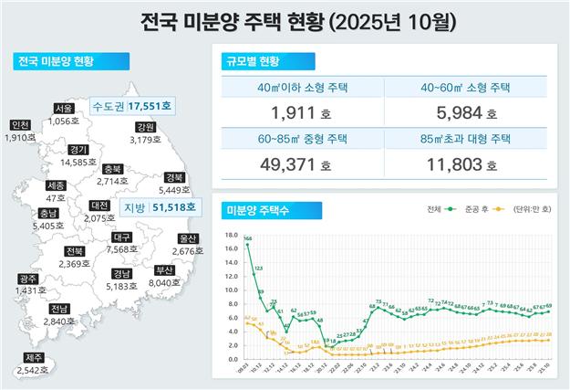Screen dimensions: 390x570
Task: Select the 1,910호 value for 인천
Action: [x=20, y=137]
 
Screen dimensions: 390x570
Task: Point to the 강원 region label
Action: [x=144, y=128]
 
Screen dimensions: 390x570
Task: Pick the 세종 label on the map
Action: [x=55, y=186]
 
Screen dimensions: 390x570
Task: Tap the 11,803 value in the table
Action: [x=462, y=167]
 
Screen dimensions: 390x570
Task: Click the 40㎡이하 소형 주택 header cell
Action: [x=303, y=89]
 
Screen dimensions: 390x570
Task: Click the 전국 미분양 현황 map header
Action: [x=57, y=63]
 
